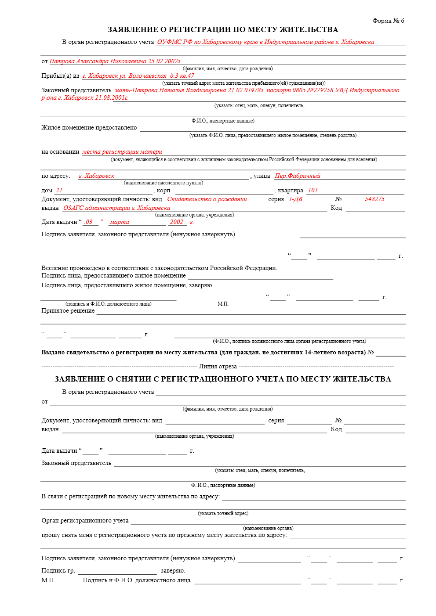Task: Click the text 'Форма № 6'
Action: tap(388, 21)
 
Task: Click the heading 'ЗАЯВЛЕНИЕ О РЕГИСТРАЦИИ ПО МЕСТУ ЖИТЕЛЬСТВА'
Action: tap(223, 30)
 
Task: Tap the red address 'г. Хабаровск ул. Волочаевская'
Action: tap(124, 76)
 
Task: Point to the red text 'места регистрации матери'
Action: tap(122, 152)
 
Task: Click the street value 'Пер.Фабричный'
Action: tap(298, 176)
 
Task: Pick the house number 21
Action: tap(59, 191)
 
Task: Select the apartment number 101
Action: tap(312, 191)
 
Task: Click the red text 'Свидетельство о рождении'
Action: tap(207, 199)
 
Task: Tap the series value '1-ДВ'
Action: tap(295, 199)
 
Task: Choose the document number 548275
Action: tap(374, 199)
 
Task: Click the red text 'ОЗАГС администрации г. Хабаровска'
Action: tap(117, 208)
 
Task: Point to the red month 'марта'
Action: tap(120, 222)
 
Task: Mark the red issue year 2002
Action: tap(177, 222)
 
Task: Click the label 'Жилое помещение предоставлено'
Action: tap(89, 128)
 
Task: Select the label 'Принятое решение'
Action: tap(68, 311)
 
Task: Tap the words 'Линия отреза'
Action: tap(218, 367)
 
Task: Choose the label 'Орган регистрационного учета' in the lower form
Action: tap(85, 521)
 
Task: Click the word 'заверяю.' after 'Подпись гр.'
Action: tap(173, 571)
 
